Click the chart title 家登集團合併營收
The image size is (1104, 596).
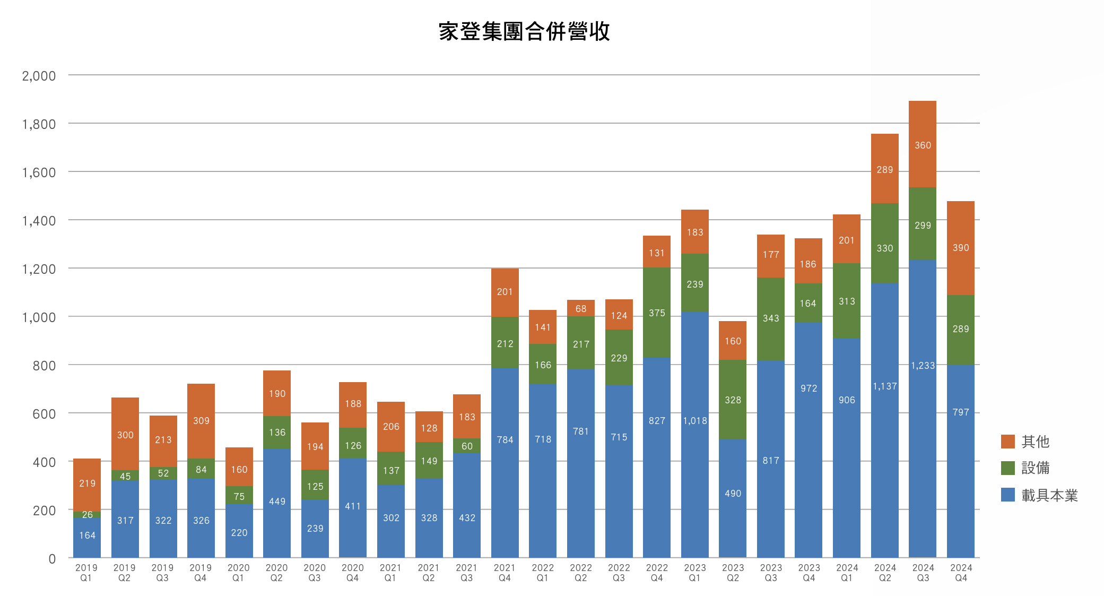click(x=524, y=32)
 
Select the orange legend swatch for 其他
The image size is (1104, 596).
click(x=1007, y=442)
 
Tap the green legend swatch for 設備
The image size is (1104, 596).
click(x=1007, y=468)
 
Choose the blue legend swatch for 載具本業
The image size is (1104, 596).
click(x=1007, y=495)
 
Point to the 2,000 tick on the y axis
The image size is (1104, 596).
click(x=39, y=76)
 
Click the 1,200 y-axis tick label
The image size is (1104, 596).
click(x=39, y=269)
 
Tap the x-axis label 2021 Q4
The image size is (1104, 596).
click(x=505, y=573)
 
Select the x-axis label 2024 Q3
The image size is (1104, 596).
click(x=923, y=573)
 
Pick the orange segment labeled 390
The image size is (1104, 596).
click(x=961, y=248)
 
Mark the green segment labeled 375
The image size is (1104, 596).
click(x=657, y=313)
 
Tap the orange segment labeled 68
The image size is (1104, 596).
click(x=581, y=308)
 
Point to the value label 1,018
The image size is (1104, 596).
click(x=695, y=421)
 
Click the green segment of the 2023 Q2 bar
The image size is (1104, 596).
click(x=733, y=400)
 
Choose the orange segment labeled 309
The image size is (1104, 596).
click(x=201, y=421)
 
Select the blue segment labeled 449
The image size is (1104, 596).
click(x=277, y=502)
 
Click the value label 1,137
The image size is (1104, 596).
click(x=885, y=386)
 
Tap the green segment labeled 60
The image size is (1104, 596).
click(x=467, y=446)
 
